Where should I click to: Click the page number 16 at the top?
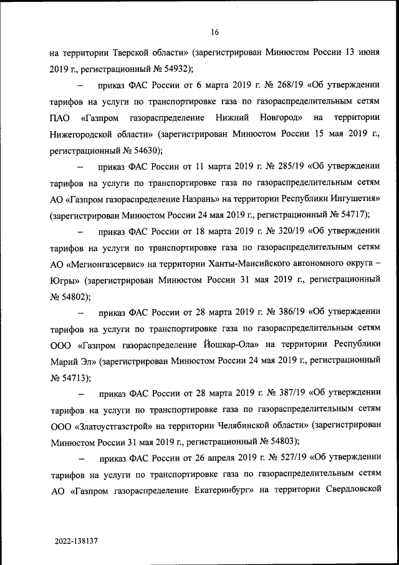(214, 32)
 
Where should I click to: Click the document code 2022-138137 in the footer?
(75, 538)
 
